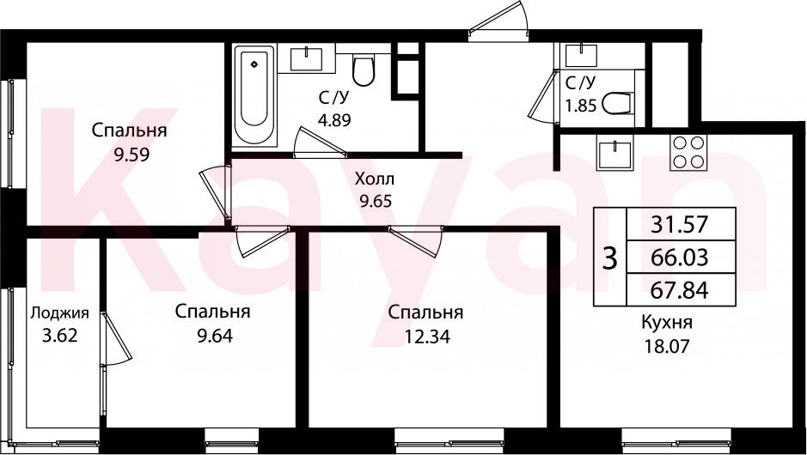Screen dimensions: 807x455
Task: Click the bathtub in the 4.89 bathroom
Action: (254, 95)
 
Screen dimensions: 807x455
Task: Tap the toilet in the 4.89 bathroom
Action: (364, 70)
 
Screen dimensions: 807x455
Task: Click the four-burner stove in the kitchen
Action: (688, 153)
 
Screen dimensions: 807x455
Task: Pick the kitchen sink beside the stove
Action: (614, 153)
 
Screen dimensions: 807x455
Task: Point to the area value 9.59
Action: (132, 155)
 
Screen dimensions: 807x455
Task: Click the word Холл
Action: (375, 179)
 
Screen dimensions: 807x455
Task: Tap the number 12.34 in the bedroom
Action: (427, 337)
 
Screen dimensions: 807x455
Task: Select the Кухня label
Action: (667, 324)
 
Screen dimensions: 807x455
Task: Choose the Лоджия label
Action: (59, 313)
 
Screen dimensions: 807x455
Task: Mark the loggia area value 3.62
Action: (59, 336)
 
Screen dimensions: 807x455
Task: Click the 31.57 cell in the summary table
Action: (681, 224)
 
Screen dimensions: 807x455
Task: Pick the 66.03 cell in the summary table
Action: (681, 257)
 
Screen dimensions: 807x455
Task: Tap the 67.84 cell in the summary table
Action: (681, 289)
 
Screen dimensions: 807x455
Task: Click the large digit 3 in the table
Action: (610, 258)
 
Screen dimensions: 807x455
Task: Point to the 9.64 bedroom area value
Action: (215, 336)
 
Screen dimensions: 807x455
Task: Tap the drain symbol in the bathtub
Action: (254, 64)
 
